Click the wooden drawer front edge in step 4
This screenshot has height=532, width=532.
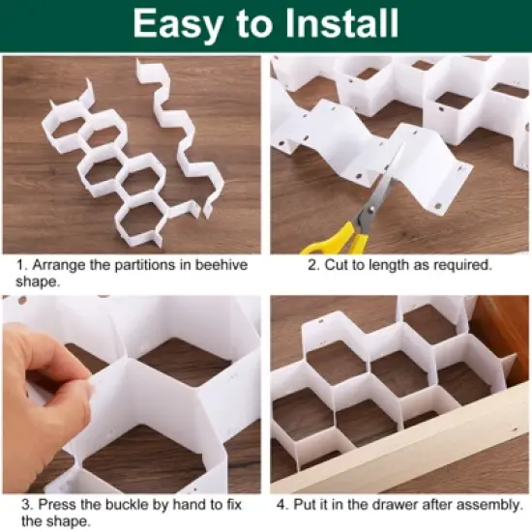point(406,455)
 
